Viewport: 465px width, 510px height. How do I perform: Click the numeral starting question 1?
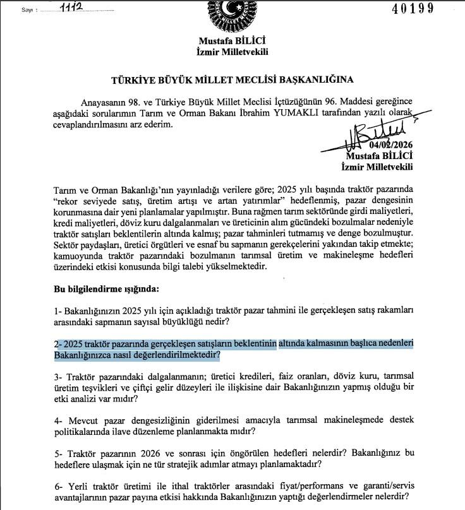[x=56, y=311]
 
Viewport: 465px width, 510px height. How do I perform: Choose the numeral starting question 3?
[x=56, y=377]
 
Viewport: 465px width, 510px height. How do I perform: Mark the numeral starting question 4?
[x=56, y=420]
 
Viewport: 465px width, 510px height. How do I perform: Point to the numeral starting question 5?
[x=56, y=454]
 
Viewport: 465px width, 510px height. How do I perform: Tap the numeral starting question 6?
[x=56, y=487]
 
